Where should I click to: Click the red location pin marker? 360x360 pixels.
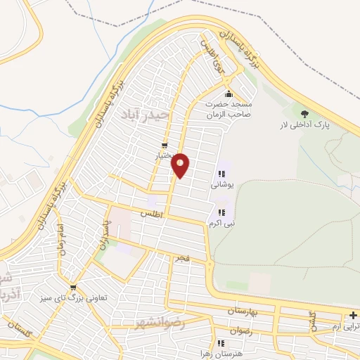point(181,165)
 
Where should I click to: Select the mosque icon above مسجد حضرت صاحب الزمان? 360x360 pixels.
point(228,95)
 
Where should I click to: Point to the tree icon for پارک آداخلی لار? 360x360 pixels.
point(304,113)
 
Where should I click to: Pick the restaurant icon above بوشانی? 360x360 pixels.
point(221,174)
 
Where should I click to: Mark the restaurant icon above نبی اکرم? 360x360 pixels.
point(221,212)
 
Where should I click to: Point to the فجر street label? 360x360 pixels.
point(183,259)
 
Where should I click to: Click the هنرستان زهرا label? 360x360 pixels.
point(240,354)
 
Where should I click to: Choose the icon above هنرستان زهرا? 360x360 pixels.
point(221,343)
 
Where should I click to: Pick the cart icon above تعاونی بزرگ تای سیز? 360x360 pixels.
point(73,288)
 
